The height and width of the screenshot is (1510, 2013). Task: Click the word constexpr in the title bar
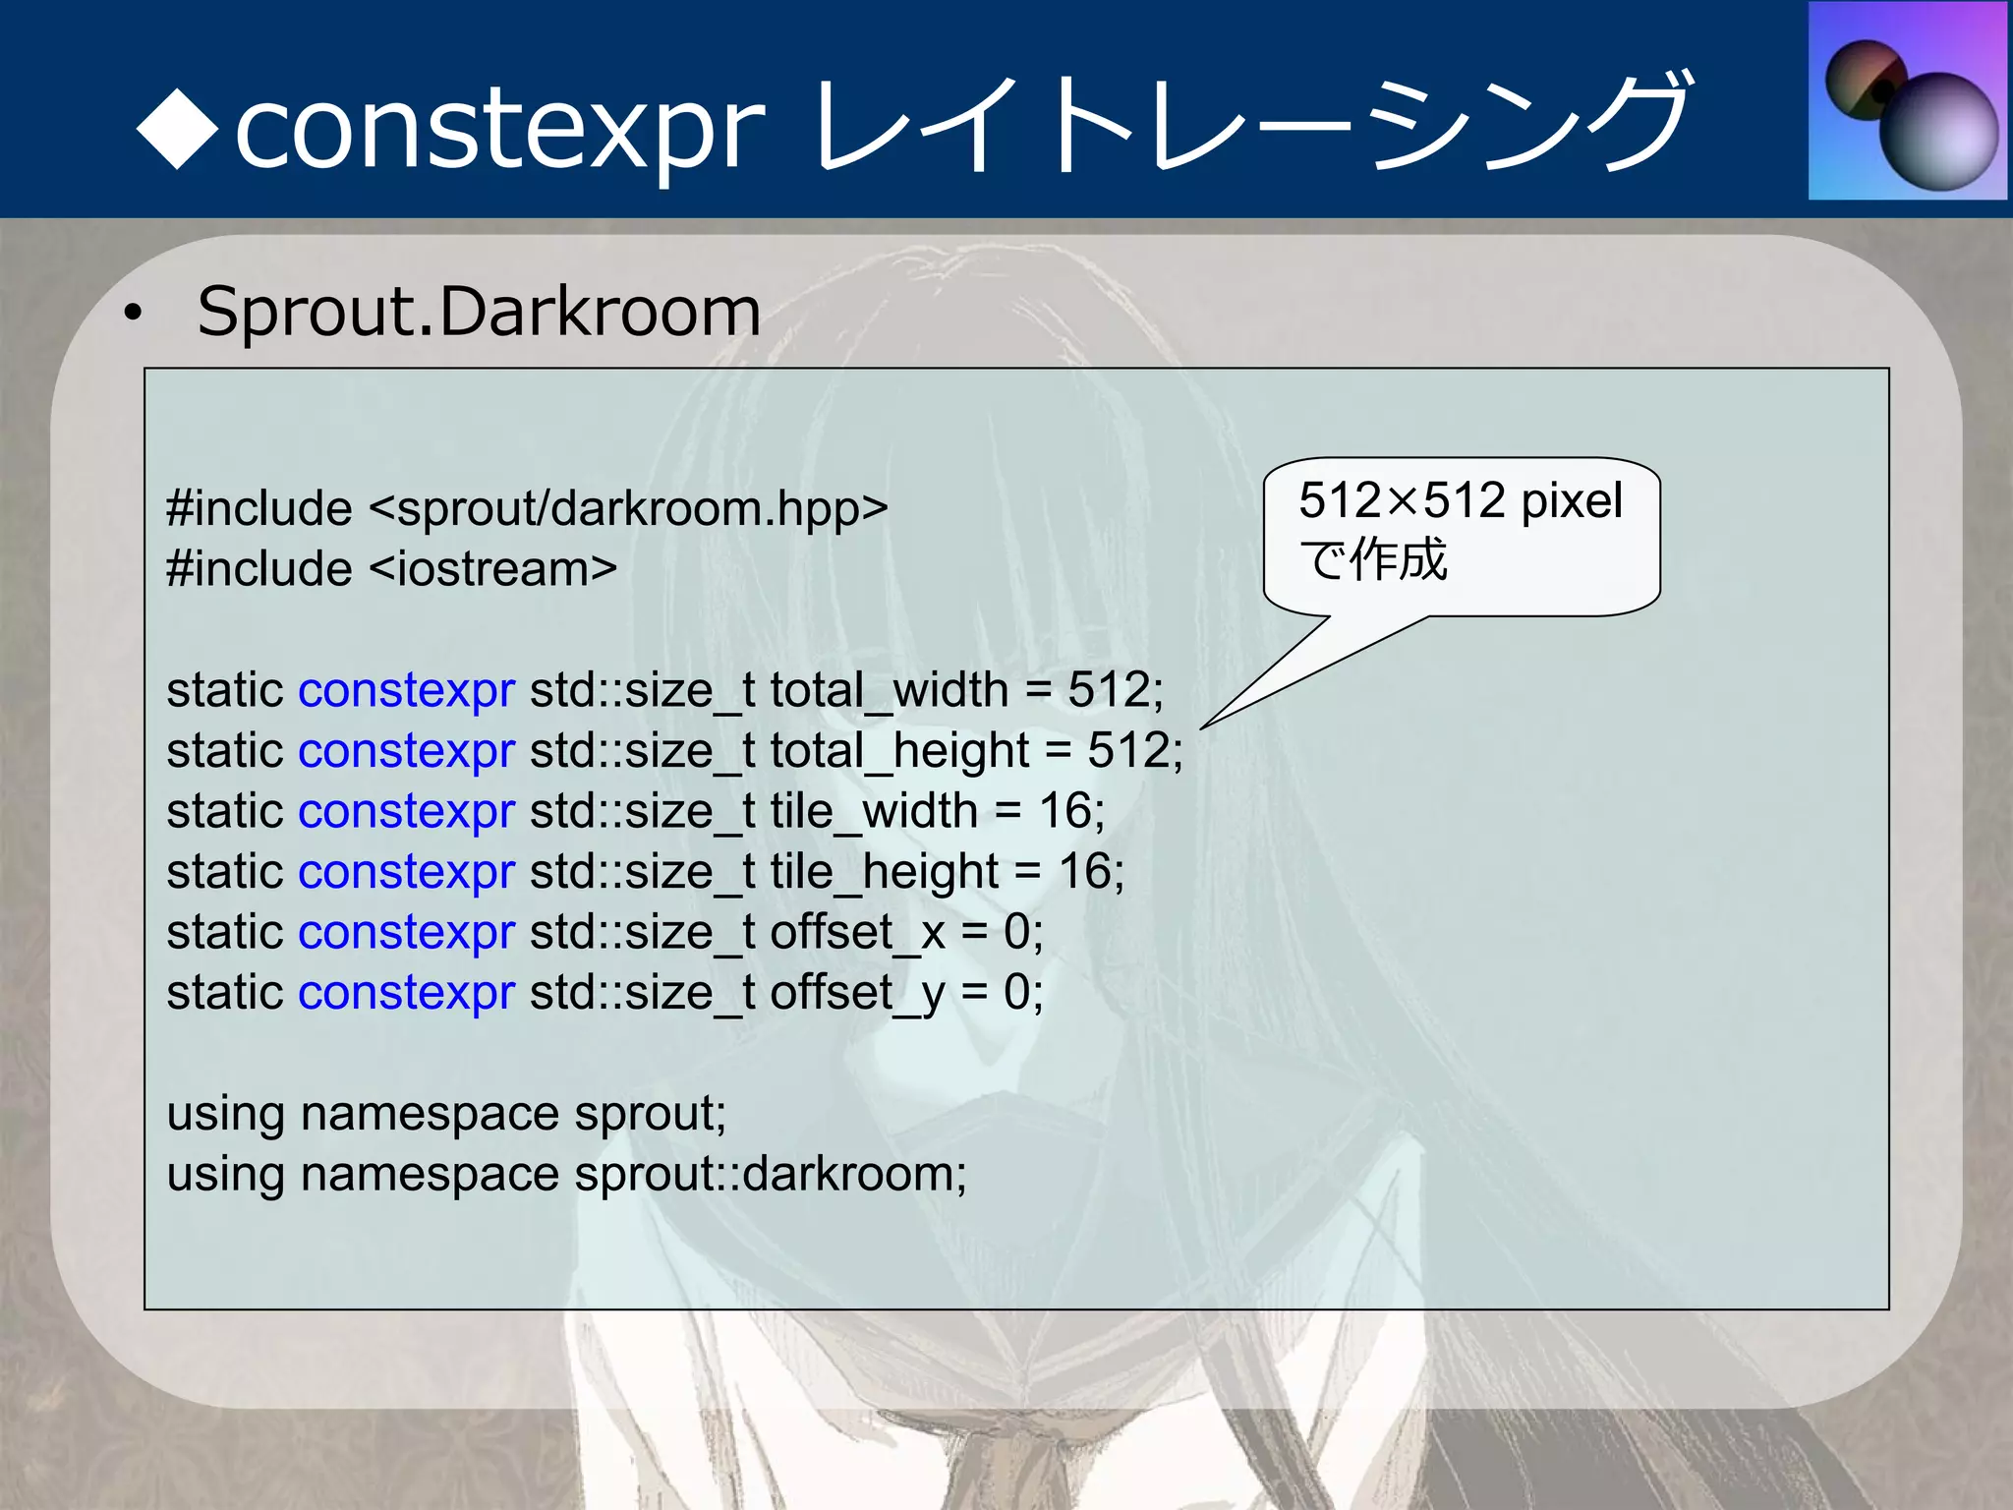[x=499, y=129]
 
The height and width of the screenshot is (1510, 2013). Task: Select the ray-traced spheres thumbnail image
[x=1908, y=101]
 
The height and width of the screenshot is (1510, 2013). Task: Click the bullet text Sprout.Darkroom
[x=479, y=312]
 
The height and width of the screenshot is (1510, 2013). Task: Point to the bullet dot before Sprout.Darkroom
[x=133, y=315]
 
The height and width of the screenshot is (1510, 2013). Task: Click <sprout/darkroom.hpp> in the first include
[x=629, y=509]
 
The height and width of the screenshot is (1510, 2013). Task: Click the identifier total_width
[x=889, y=690]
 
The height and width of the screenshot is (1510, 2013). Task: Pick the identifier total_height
[x=899, y=751]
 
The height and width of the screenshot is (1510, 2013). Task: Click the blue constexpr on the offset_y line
[x=406, y=994]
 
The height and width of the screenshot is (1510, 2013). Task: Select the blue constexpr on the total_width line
[x=406, y=690]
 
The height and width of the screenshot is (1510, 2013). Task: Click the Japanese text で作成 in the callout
[x=1373, y=559]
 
